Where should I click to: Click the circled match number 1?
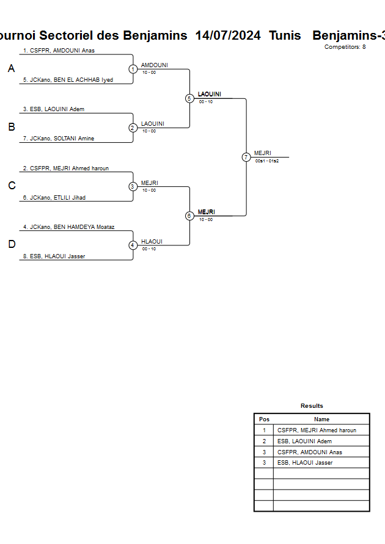tap(133, 69)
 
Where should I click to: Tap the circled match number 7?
tap(246, 157)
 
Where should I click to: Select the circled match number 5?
tap(189, 98)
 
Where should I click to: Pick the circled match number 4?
tap(133, 245)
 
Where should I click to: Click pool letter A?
tap(11, 69)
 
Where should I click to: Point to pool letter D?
tap(11, 245)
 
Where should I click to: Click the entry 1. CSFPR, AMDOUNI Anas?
tap(59, 51)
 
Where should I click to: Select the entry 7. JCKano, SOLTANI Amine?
tap(59, 139)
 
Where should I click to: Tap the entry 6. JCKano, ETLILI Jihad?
tap(54, 198)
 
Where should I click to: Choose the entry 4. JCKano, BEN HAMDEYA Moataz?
tap(69, 227)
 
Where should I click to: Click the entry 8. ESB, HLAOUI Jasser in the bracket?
tap(54, 256)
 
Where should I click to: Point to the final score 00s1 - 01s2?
tap(267, 161)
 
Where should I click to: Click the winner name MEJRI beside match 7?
tap(263, 153)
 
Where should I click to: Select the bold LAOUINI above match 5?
tap(210, 94)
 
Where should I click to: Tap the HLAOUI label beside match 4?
tap(152, 242)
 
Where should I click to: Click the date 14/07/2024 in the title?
tap(228, 35)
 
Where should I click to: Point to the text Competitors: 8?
tap(345, 47)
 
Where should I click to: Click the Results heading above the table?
tap(312, 406)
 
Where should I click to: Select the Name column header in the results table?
tap(321, 419)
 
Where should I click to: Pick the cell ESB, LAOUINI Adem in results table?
tap(304, 441)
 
